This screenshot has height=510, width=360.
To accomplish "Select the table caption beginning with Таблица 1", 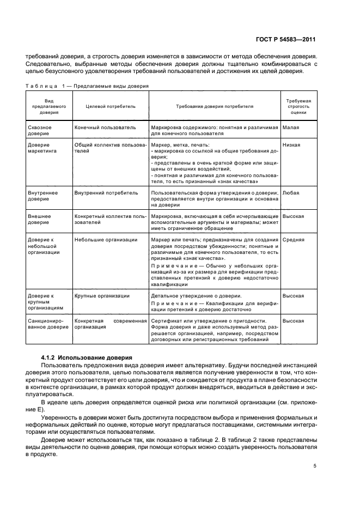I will (x=87, y=86).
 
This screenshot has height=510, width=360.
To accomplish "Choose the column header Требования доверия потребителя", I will (x=214, y=106).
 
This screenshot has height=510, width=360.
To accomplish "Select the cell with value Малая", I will (x=291, y=127).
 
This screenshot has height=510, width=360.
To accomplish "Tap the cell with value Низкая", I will (x=292, y=145).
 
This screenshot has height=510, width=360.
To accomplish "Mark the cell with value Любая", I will (x=291, y=193).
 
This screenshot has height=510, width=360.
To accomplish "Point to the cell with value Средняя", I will (x=294, y=240).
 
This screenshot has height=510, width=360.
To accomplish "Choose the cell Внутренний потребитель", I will (x=106, y=193).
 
